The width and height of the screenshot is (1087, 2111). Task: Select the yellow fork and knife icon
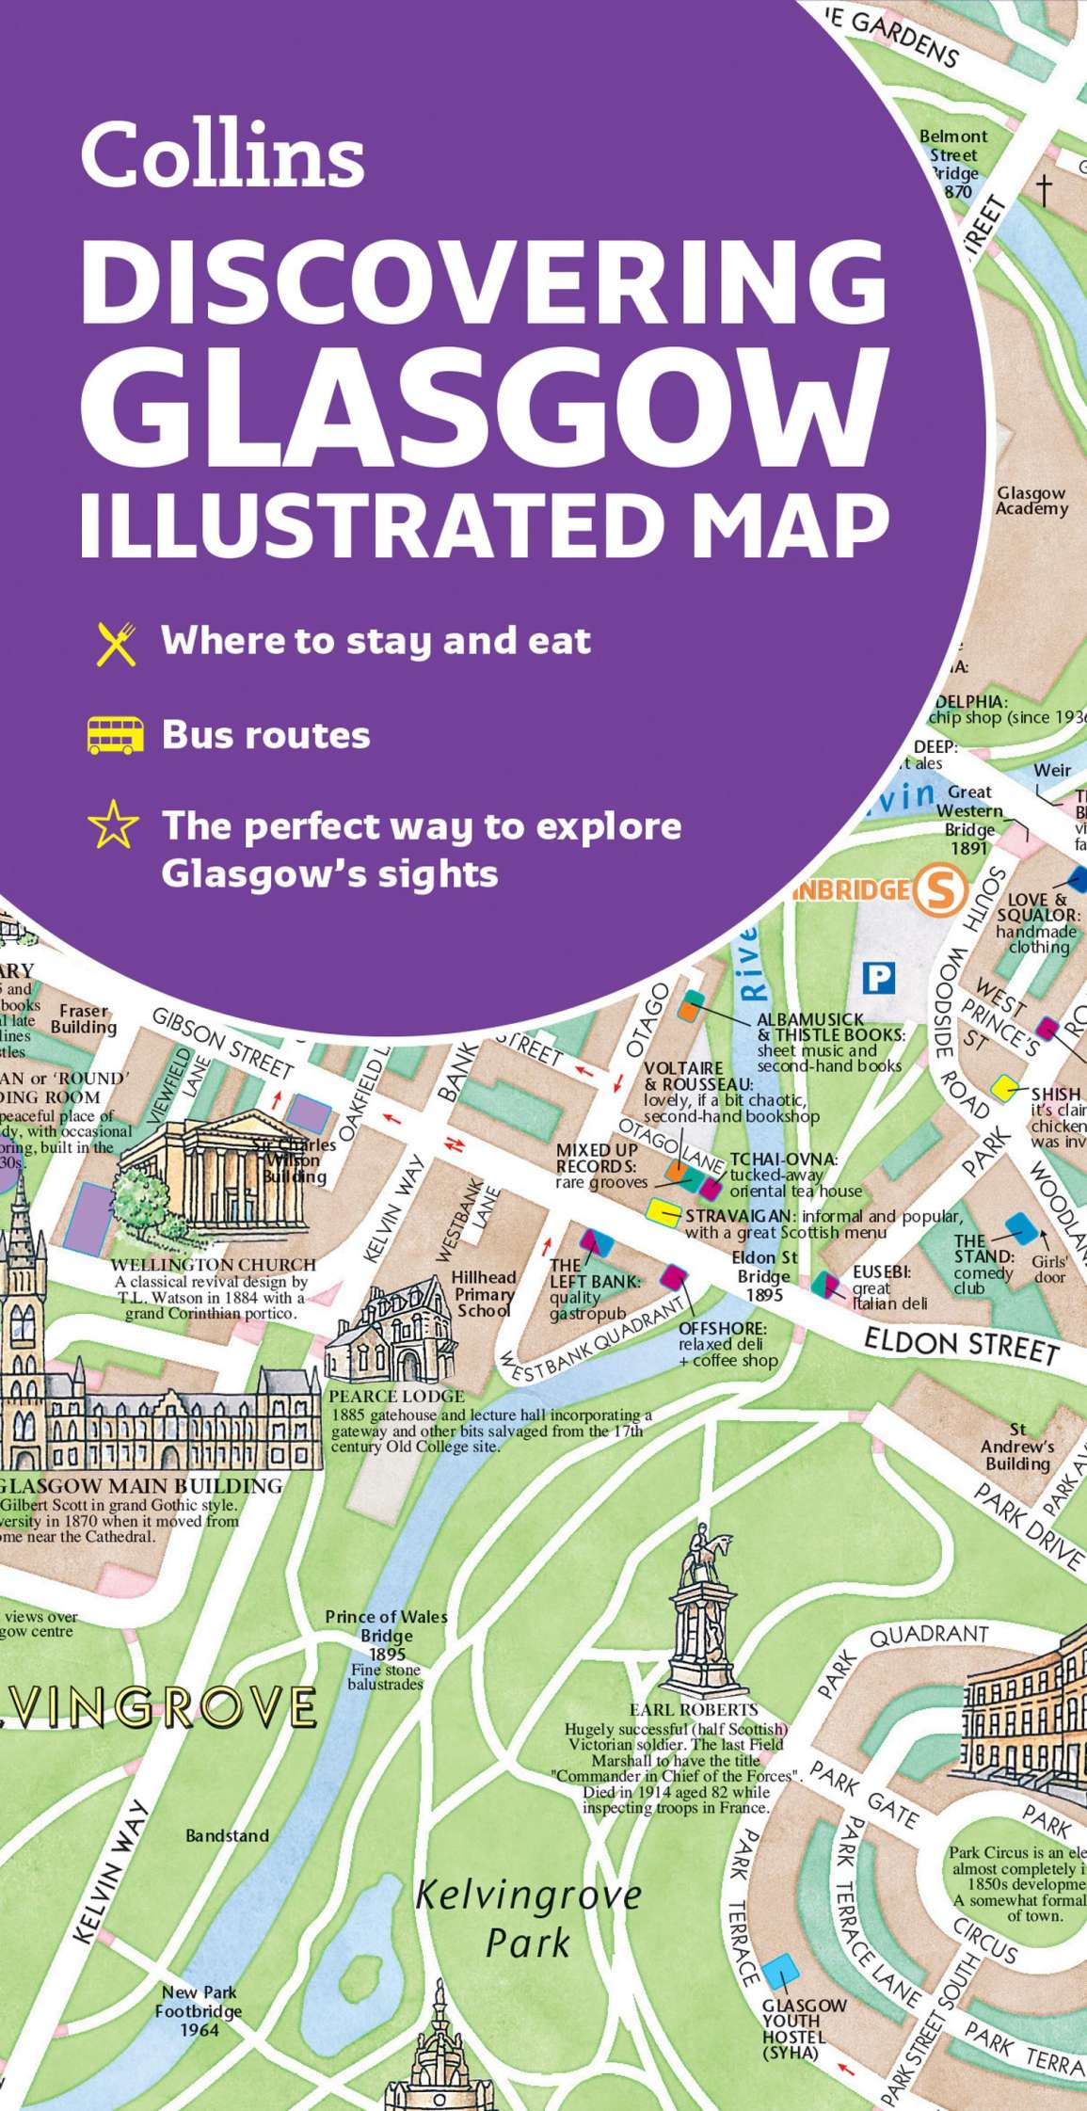pyautogui.click(x=117, y=644)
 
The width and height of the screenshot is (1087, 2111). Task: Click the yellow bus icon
pyautogui.click(x=115, y=735)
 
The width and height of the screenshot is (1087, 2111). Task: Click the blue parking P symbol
pyautogui.click(x=879, y=979)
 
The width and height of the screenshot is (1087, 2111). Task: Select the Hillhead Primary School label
pyautogui.click(x=484, y=1293)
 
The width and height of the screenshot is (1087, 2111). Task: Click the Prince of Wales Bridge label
pyautogui.click(x=386, y=1636)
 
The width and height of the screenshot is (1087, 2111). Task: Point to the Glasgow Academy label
pyautogui.click(x=1031, y=501)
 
